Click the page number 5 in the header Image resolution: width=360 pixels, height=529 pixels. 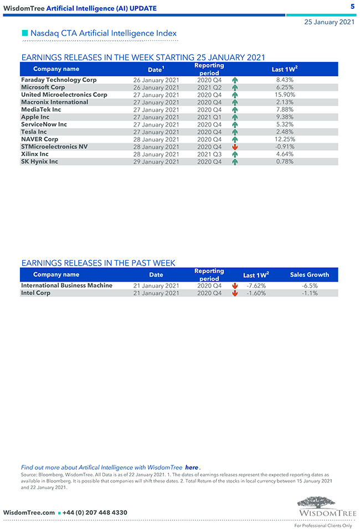point(352,6)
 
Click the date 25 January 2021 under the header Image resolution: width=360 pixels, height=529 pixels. point(330,22)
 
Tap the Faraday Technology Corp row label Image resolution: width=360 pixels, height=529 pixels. point(59,80)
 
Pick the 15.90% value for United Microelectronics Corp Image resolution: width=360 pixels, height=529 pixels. point(285,95)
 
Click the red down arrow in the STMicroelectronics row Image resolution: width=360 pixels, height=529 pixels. point(235,147)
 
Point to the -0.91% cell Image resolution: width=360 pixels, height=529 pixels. point(285,147)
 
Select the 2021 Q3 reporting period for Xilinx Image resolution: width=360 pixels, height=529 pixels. point(209,154)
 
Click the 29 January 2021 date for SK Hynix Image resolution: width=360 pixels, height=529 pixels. point(156,162)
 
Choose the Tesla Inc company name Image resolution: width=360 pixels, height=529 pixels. point(34,132)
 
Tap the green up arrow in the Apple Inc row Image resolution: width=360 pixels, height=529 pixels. point(235,117)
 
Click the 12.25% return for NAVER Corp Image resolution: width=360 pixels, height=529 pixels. point(285,139)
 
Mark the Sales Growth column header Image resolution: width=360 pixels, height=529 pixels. point(310,274)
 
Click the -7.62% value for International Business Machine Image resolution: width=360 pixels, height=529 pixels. point(256,286)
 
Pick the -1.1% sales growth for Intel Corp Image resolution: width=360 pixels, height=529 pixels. point(310,293)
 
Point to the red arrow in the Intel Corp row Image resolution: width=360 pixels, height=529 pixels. point(235,293)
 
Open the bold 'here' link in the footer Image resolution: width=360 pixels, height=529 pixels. point(192,468)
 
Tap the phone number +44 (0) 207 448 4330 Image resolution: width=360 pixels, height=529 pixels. point(95,512)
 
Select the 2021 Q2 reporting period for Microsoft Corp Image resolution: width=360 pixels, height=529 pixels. point(209,87)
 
